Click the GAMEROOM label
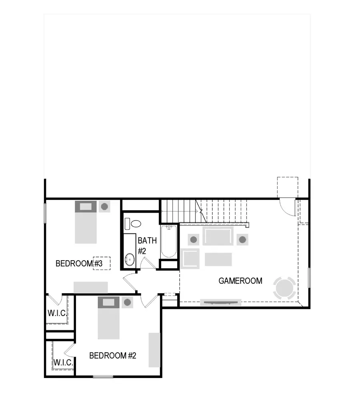[x=240, y=281]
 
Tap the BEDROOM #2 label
[x=113, y=355]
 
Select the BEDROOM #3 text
[x=80, y=263]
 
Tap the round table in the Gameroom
[x=284, y=288]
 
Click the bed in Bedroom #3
[x=86, y=222]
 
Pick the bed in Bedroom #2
[x=108, y=318]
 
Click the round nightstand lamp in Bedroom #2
[x=128, y=302]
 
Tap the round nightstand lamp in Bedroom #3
[x=104, y=207]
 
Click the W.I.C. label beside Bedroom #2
[x=63, y=363]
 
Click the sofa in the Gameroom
[x=218, y=237]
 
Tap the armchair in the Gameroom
[x=190, y=258]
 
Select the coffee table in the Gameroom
[x=218, y=259]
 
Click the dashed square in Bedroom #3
[x=101, y=263]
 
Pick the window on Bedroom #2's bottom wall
[x=103, y=376]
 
